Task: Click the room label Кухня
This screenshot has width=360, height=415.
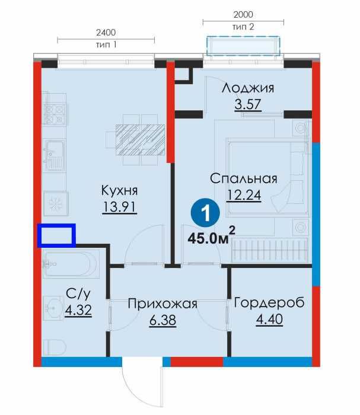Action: tap(119, 190)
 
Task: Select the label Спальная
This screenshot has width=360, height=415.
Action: tap(244, 179)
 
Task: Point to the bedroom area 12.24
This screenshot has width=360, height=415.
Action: tap(244, 195)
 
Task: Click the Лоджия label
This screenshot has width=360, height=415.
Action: tap(248, 88)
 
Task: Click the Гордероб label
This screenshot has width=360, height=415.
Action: tap(269, 303)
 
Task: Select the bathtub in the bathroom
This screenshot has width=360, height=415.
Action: tap(71, 264)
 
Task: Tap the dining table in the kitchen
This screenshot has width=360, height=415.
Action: tap(139, 139)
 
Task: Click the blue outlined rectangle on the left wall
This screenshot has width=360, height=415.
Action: tap(56, 235)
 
